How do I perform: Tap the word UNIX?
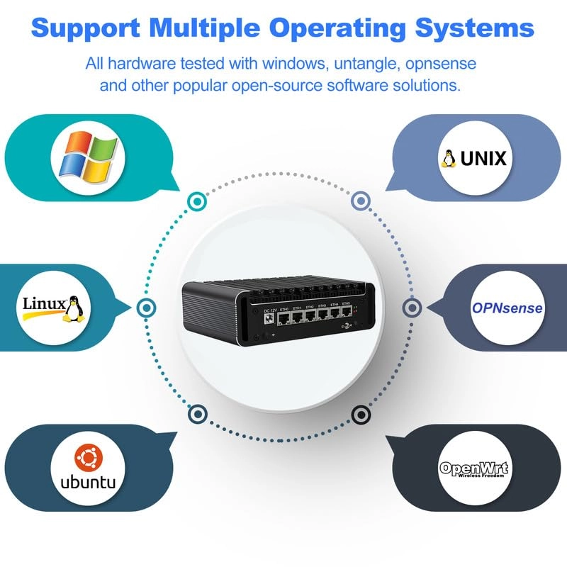tap(483, 158)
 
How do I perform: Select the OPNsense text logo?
tap(507, 308)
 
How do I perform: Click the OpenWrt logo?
tap(474, 469)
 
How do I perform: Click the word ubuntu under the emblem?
tap(88, 483)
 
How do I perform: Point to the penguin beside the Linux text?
tap(74, 309)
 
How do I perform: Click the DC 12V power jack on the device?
tap(269, 319)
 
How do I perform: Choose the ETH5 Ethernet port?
tap(346, 316)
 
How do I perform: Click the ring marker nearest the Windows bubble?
tap(196, 201)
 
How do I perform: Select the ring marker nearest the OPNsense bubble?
tap(412, 308)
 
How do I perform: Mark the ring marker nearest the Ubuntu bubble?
tap(196, 413)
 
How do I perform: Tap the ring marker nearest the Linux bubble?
tap(145, 308)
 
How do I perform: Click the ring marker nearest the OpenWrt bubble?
tap(360, 413)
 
